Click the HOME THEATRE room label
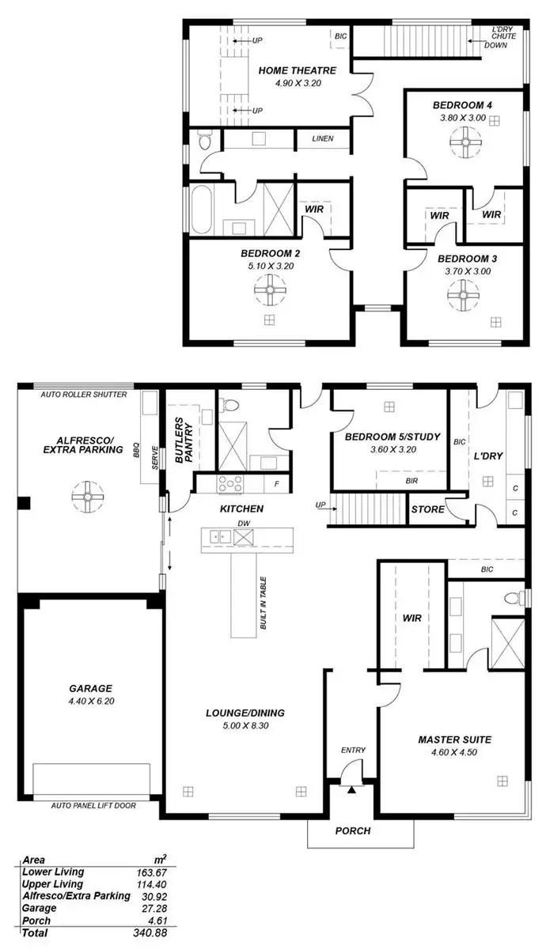point(297,70)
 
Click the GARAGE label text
point(89,688)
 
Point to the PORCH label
point(352,831)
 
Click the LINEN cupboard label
point(323,139)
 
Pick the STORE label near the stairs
point(428,509)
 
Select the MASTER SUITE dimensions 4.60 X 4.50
point(455,752)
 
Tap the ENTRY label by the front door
point(352,750)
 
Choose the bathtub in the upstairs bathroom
point(200,209)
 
